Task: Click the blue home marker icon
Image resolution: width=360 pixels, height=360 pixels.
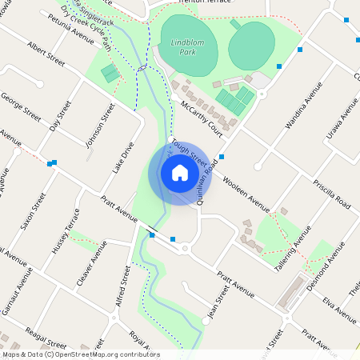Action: [179, 173]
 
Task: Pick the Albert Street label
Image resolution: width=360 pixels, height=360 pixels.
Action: [45, 54]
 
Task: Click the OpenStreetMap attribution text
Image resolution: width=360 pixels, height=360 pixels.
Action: [81, 354]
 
